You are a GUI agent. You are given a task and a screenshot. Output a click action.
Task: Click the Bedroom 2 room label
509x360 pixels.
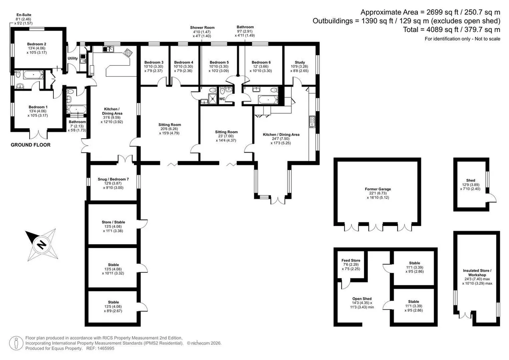click(x=36, y=44)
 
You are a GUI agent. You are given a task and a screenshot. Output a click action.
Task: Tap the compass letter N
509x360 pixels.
click(x=42, y=245)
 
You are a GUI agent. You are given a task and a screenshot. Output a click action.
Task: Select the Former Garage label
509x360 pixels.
click(x=378, y=189)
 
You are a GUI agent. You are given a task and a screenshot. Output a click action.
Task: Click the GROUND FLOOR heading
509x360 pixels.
click(x=31, y=145)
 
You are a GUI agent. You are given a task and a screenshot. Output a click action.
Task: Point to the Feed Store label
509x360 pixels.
click(x=351, y=260)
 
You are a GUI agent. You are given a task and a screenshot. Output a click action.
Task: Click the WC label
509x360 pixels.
click(x=222, y=99)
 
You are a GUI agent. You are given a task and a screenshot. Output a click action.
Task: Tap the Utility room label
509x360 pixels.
click(x=73, y=59)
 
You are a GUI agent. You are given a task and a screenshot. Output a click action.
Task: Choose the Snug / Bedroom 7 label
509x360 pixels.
click(x=113, y=179)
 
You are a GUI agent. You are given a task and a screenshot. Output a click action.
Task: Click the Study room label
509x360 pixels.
click(x=300, y=62)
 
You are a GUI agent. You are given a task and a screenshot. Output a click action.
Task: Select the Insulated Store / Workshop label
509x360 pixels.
click(x=477, y=273)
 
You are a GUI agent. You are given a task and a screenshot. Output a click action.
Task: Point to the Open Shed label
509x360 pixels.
click(x=362, y=299)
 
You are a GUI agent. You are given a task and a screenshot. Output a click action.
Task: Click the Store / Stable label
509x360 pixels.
click(x=113, y=222)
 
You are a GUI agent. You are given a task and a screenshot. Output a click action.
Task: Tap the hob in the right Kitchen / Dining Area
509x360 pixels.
click(x=312, y=121)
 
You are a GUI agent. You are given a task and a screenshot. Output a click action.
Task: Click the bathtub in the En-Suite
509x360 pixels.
click(x=33, y=75)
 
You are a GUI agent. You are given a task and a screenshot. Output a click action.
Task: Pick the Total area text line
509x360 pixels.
click(x=451, y=30)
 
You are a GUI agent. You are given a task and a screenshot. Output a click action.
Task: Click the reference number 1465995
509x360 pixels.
click(x=106, y=349)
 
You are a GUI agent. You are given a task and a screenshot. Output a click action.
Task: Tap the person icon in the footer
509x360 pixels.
click(x=16, y=343)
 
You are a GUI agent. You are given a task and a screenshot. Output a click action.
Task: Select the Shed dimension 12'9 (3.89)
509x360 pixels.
click(x=470, y=184)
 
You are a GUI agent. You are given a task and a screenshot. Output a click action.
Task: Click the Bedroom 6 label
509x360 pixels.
click(x=261, y=62)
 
